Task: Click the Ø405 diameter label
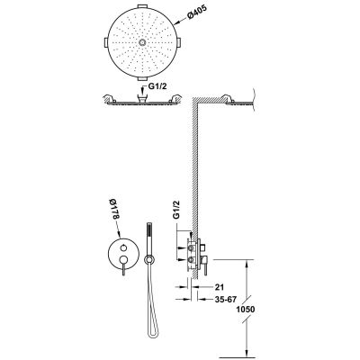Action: point(196,12)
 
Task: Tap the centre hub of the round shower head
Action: point(142,42)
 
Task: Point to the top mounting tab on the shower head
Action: point(143,6)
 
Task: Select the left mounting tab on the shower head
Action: point(105,42)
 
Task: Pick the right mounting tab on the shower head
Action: point(179,42)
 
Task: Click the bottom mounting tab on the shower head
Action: point(143,78)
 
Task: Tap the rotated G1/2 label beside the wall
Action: point(176,210)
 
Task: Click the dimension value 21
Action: point(220,287)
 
